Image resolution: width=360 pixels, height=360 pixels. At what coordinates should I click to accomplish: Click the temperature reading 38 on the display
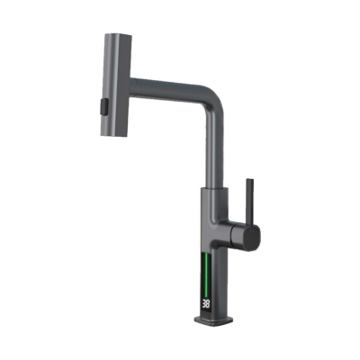pos(206,304)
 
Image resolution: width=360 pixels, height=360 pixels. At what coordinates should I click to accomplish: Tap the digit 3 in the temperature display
pos(204,304)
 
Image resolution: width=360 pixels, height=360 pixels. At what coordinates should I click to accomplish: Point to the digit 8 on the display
pos(208,304)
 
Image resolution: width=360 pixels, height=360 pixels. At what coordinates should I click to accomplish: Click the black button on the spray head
pos(103,106)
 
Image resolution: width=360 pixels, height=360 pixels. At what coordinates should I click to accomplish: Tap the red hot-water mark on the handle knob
pos(251,230)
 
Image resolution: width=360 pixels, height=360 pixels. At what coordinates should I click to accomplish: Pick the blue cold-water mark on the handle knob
pos(254,231)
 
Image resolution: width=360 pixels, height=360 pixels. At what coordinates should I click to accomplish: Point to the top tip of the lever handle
pos(250,180)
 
